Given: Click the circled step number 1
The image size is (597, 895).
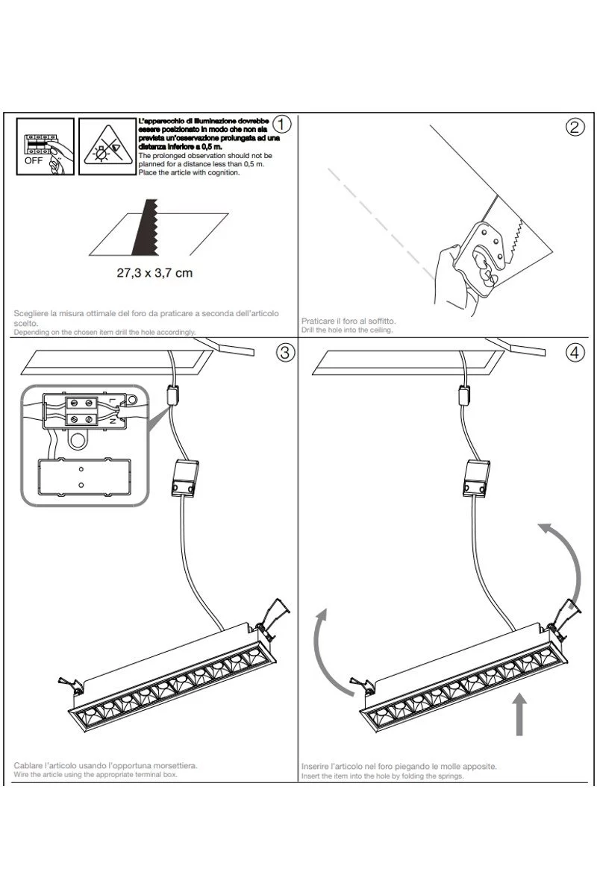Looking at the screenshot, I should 282,125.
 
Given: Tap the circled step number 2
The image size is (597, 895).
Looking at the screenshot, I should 575,127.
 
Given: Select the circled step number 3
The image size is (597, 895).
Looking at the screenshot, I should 284,353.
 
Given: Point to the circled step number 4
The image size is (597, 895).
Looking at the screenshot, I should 575,353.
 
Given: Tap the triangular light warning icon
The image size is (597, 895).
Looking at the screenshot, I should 106,147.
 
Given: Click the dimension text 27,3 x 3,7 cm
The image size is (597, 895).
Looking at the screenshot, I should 154,272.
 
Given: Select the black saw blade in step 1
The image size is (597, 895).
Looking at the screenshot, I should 144,228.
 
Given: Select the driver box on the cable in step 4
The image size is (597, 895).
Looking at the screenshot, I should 475,478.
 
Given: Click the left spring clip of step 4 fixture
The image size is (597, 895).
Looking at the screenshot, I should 361,683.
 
